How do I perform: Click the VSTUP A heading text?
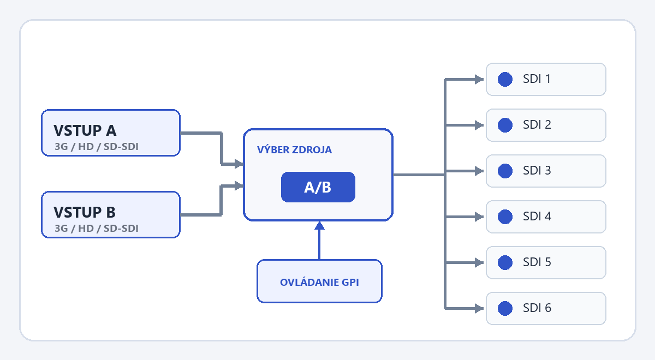[85, 130]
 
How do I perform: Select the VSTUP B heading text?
[85, 212]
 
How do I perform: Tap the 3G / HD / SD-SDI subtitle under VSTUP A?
[97, 146]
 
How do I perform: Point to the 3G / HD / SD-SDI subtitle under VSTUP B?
[97, 228]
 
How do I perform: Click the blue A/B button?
[318, 187]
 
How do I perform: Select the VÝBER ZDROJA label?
[294, 149]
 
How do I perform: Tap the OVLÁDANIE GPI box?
[319, 281]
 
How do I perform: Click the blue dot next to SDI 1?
[505, 79]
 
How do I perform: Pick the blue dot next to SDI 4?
[505, 217]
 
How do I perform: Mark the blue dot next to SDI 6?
[505, 308]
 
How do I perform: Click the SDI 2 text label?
[537, 125]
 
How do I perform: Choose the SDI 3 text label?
[537, 170]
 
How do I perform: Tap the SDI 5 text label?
[537, 262]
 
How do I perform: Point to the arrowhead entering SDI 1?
[479, 79]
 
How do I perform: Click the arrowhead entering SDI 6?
[479, 308]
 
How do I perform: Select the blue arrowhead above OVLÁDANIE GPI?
[319, 225]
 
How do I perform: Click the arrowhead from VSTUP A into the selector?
[239, 164]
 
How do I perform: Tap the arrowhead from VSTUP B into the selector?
[239, 185]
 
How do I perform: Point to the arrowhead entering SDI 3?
[479, 171]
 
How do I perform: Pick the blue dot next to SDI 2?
[505, 125]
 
